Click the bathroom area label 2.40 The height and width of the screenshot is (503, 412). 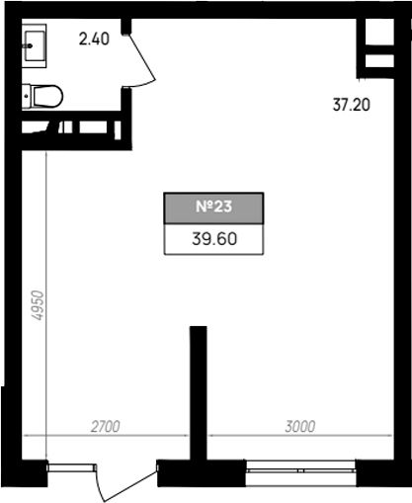pyautogui.click(x=94, y=39)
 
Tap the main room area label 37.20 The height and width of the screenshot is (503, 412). pyautogui.click(x=352, y=105)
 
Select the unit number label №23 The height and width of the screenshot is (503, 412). pyautogui.click(x=213, y=207)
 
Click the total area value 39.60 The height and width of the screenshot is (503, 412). pyautogui.click(x=214, y=239)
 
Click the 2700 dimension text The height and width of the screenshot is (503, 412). pyautogui.click(x=105, y=427)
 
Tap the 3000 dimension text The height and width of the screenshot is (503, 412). pyautogui.click(x=300, y=427)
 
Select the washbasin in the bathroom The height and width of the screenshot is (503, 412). pyautogui.click(x=35, y=45)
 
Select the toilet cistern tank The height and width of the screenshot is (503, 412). pyautogui.click(x=27, y=96)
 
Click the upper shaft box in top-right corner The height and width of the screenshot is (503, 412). pyautogui.click(x=379, y=32)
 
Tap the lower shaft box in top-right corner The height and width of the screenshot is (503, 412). pyautogui.click(x=379, y=61)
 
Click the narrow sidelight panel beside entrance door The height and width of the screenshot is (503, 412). pyautogui.click(x=71, y=468)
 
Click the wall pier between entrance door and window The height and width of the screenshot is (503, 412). pyautogui.click(x=202, y=473)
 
